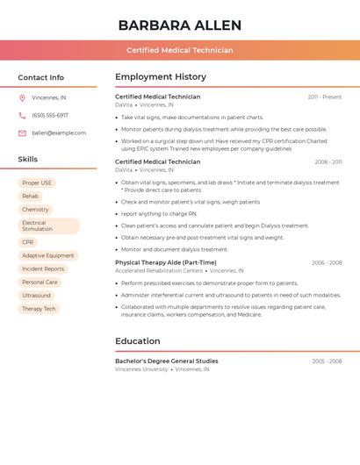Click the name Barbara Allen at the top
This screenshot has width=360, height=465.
[179, 25]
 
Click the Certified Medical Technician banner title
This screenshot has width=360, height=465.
[179, 50]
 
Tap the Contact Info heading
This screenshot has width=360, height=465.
[41, 77]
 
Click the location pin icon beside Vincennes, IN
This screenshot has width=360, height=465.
[22, 97]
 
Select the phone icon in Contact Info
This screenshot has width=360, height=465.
[22, 115]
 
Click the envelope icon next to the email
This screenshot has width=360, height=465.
[22, 133]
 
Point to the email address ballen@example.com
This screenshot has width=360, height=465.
[59, 133]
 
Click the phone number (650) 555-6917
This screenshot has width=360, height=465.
[50, 115]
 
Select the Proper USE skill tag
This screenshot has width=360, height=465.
[37, 183]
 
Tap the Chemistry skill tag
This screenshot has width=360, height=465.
[35, 210]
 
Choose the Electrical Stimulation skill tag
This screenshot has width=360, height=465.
[48, 225]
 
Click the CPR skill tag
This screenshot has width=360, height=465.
[28, 242]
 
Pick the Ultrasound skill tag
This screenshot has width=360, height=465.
[37, 296]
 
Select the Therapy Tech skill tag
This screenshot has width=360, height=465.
[39, 309]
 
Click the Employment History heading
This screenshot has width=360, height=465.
[161, 77]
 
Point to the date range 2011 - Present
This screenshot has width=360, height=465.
[324, 97]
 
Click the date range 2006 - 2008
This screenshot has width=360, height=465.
[326, 262]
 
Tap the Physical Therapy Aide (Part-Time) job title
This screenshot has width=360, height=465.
[165, 262]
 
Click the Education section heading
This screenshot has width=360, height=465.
[138, 340]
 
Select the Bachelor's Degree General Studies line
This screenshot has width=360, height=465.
[167, 361]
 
